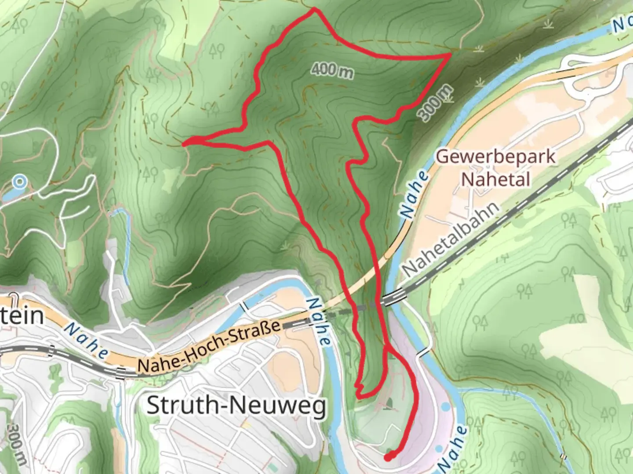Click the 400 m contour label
point(332,70)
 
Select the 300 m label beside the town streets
point(18,443)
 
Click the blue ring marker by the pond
point(20,181)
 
